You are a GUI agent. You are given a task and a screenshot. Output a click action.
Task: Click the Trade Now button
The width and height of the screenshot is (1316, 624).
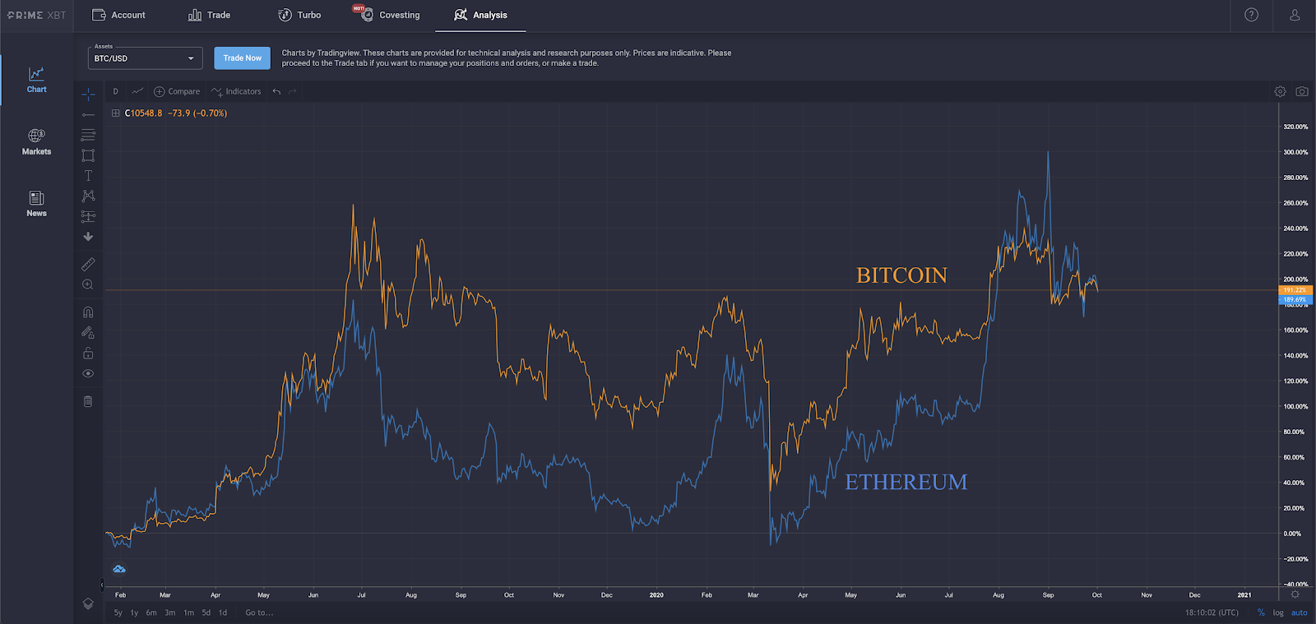click(242, 58)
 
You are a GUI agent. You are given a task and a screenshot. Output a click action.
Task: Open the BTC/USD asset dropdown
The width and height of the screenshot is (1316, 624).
click(145, 58)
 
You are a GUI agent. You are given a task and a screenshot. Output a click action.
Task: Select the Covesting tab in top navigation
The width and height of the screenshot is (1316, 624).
click(399, 15)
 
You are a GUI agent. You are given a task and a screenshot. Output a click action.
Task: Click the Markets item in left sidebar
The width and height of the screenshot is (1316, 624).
click(36, 141)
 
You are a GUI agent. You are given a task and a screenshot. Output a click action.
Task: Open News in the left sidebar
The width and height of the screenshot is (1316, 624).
click(36, 203)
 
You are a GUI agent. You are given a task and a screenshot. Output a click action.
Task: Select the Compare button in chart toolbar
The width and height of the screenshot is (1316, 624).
click(177, 91)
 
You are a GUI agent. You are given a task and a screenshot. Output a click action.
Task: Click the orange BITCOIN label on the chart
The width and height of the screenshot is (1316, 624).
click(901, 275)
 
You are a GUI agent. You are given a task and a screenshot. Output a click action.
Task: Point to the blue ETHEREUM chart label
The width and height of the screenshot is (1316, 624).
click(906, 482)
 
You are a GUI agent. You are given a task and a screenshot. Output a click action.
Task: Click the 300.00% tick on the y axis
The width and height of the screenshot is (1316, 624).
click(1295, 152)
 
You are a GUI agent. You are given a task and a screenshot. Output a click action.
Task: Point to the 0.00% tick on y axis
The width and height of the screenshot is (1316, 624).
click(1292, 534)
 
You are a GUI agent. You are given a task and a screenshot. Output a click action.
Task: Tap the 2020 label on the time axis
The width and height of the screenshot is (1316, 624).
click(656, 594)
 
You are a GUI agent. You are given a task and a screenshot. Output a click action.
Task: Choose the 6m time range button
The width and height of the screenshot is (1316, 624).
click(151, 612)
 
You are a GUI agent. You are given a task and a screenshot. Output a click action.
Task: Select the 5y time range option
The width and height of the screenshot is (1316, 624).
click(118, 612)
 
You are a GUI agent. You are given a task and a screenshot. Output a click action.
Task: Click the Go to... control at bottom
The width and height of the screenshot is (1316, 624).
click(259, 612)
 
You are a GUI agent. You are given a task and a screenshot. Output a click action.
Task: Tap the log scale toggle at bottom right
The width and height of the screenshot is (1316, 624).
click(1278, 612)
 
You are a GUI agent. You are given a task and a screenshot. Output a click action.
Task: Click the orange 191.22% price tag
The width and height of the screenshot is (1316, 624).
click(1295, 290)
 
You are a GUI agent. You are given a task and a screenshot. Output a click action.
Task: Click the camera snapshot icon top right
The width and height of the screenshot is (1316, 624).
click(1302, 91)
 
